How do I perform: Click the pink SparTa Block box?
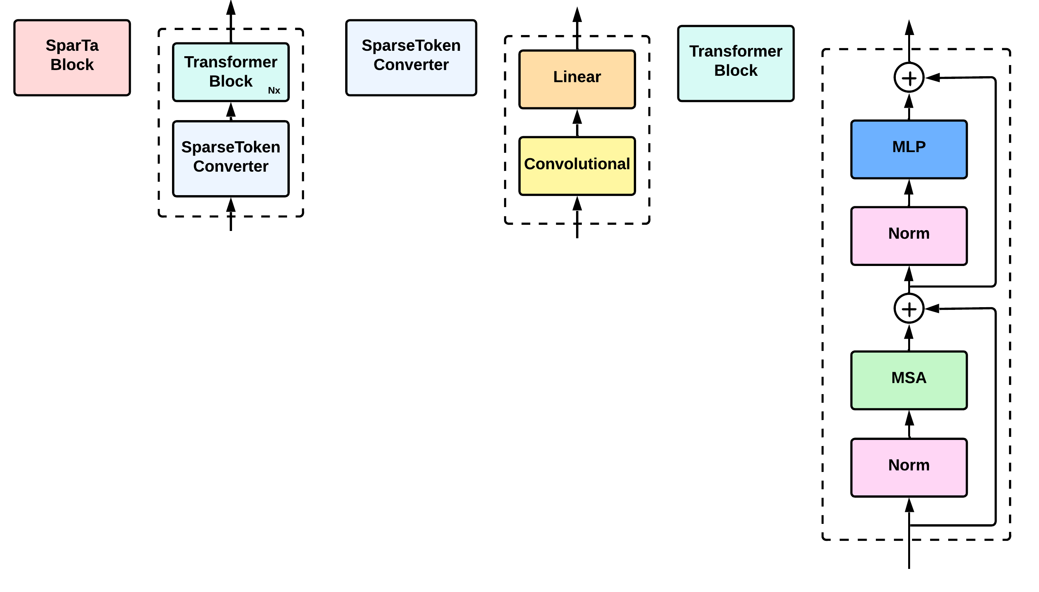coord(72,57)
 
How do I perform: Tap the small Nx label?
coord(274,91)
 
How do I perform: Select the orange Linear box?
coord(577,79)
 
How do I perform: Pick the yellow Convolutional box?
coord(577,166)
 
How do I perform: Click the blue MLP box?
coord(909,149)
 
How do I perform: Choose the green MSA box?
coord(909,380)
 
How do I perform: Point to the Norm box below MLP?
coord(909,236)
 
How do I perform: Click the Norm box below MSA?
coord(909,467)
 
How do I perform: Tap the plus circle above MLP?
coord(909,77)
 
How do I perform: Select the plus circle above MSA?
coord(909,309)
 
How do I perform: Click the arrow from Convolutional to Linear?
coord(577,122)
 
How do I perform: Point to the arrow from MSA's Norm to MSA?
coord(909,424)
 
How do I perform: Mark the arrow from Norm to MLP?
coord(909,193)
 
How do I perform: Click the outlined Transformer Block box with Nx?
coord(231,72)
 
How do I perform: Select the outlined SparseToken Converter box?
coord(231,159)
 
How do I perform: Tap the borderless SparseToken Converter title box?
coord(411,57)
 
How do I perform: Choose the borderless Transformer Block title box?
coord(735,63)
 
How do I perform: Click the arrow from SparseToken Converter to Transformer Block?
coord(231,111)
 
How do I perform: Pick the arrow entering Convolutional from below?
coord(577,208)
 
